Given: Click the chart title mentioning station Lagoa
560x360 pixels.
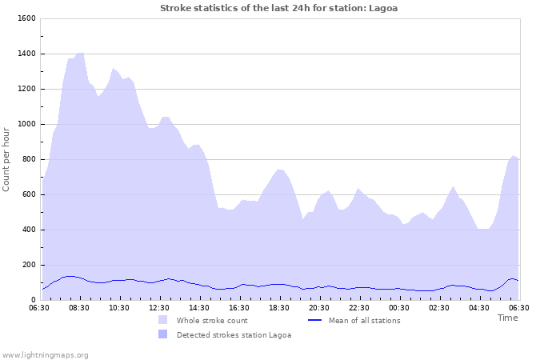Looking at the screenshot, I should tap(278, 8).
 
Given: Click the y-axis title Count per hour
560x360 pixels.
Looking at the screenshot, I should tap(7, 159).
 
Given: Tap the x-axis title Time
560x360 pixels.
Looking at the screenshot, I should tap(507, 318).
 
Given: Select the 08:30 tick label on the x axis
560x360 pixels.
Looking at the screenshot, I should tap(79, 307).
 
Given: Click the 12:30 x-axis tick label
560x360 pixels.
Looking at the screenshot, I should tap(159, 307).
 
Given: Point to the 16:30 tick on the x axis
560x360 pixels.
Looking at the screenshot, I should tap(239, 307).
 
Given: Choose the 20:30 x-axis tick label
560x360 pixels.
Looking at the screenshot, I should tap(319, 307).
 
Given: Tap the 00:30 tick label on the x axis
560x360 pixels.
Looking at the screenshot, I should tap(399, 307).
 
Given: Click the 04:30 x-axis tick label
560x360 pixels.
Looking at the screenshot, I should tap(479, 307).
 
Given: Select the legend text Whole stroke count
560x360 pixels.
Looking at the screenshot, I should tap(213, 321).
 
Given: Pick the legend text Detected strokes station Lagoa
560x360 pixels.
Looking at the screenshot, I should tap(234, 335).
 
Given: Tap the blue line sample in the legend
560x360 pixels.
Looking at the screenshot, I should tap(315, 321).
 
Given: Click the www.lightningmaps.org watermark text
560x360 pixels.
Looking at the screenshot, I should tap(46, 354).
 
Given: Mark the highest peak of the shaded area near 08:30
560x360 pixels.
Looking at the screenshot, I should tap(80, 52).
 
